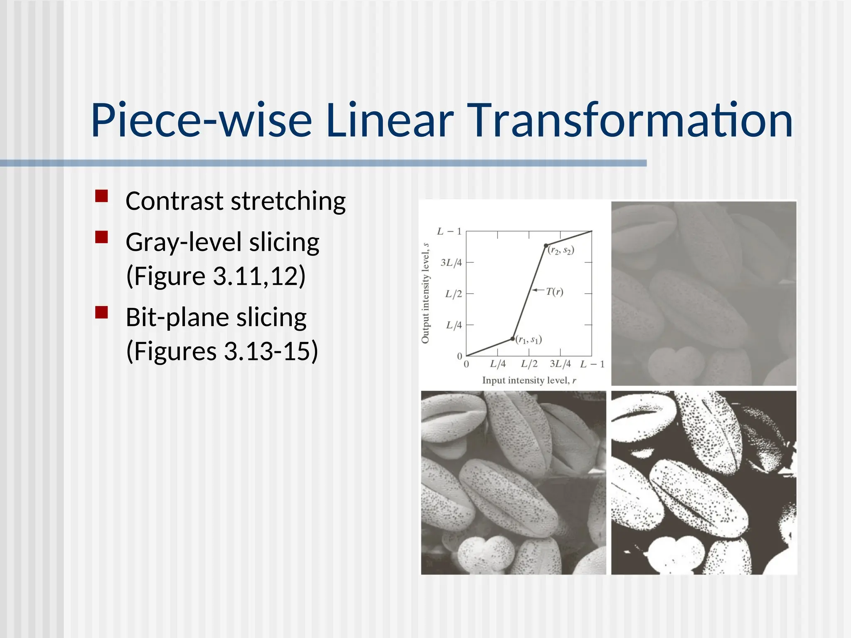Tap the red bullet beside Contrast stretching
pos(101,196)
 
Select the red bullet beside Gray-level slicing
pos(101,237)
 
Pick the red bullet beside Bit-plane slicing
pos(101,312)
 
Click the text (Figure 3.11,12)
pos(216,276)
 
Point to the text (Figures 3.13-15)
pos(222,351)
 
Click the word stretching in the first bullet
pos(288,201)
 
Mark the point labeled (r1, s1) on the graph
pos(512,339)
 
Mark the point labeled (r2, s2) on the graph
pos(546,245)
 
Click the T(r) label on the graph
pos(554,292)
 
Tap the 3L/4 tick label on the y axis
pos(451,263)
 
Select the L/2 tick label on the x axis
pos(529,364)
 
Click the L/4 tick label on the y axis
pos(454,325)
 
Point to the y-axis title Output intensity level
pos(425,293)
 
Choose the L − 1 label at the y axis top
pos(449,231)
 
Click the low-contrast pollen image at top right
pos(703,293)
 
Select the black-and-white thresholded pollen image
pos(703,483)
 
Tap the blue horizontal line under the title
pos(323,163)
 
